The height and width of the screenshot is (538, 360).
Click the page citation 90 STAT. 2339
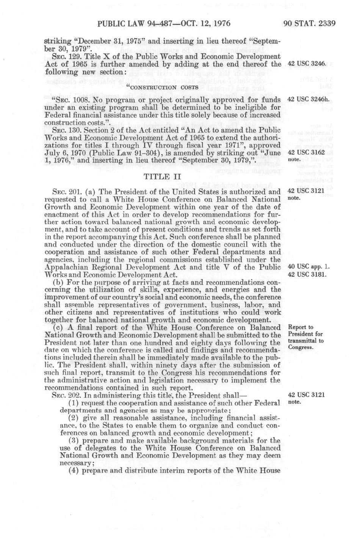(x=309, y=24)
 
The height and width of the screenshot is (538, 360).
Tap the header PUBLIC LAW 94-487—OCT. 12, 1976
(x=164, y=24)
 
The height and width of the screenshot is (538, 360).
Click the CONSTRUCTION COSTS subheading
(x=162, y=87)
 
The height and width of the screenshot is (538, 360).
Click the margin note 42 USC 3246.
(x=307, y=64)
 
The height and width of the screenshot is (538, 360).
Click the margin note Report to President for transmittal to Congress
(x=306, y=337)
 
